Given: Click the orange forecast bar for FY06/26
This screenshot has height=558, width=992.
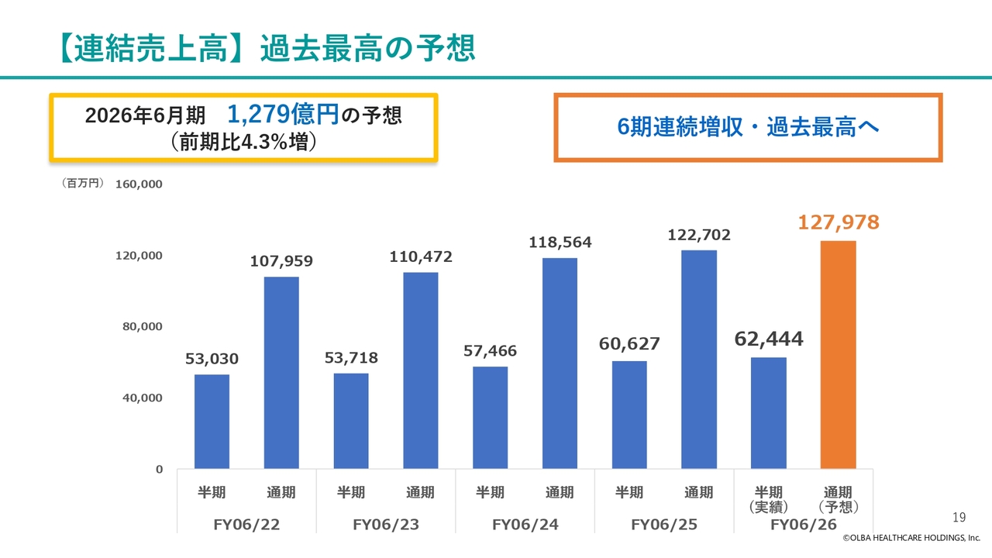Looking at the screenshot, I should coord(838,355).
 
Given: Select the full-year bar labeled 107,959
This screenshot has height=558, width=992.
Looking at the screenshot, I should coord(281,373).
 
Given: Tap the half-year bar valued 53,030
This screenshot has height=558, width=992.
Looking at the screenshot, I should coord(212,422).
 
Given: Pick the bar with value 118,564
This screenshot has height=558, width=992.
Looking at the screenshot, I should coord(560,363).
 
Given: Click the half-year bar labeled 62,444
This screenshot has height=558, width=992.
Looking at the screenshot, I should coord(768,413).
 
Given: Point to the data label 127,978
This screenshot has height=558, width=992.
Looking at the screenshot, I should coord(839,223).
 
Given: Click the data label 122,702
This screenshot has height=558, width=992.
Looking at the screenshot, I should coord(699,234).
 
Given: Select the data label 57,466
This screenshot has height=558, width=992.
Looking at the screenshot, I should coord(490,351).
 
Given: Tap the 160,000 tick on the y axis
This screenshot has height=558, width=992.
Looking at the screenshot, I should coord(139,184).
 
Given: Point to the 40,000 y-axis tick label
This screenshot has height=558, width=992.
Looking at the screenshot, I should coord(142,398).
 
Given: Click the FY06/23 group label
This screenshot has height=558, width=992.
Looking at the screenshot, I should coord(386,525).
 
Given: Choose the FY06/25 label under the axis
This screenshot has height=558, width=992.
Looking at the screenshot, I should coord(664,525).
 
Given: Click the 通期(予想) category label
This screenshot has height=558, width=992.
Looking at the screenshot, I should coord(838,500).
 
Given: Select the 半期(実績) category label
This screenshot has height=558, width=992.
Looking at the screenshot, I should coord(768,500).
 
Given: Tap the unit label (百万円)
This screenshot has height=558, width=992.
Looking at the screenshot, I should coord(82,184).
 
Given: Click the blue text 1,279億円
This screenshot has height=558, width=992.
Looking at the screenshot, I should coord(283,115).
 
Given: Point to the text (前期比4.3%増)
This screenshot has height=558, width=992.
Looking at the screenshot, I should coord(243,143).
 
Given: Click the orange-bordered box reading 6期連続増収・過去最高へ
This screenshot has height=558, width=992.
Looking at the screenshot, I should coord(748,128).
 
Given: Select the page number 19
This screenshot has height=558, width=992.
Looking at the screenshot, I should coord(959,517).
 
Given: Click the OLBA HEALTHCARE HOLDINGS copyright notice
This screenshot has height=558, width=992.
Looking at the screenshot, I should coord(913,538).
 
